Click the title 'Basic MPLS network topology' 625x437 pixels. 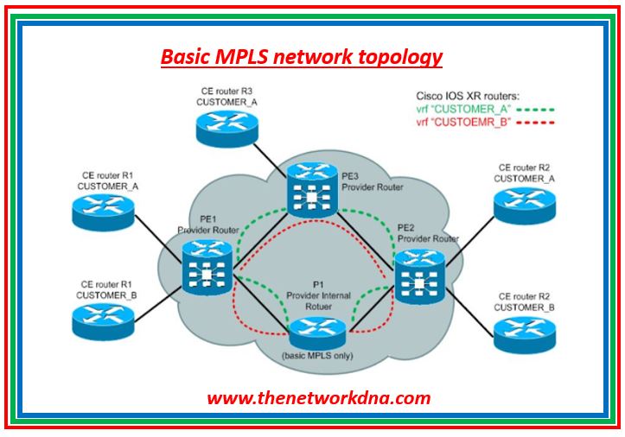tap(302, 57)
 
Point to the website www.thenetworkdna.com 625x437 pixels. tap(318, 398)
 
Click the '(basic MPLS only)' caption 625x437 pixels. tap(318, 354)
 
